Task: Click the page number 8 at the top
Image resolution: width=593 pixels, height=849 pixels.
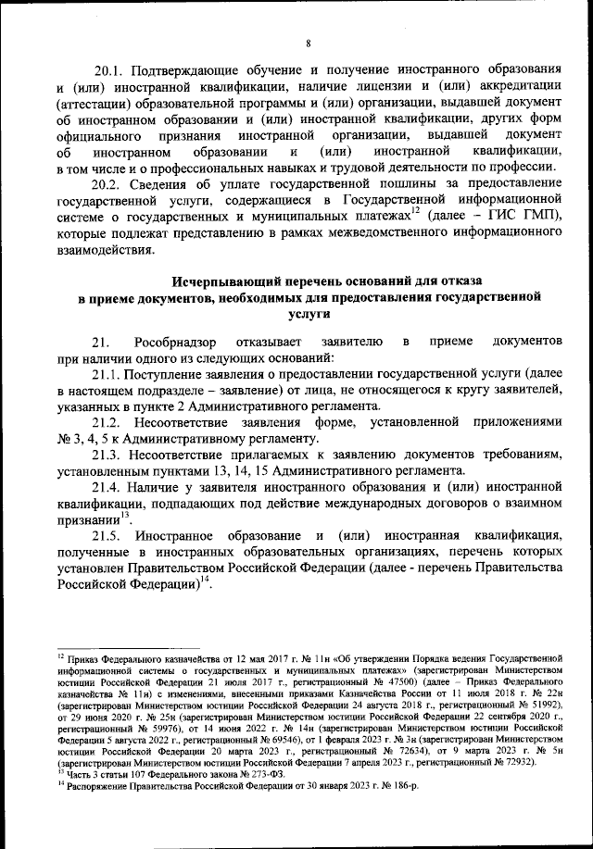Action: pos(307,43)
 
